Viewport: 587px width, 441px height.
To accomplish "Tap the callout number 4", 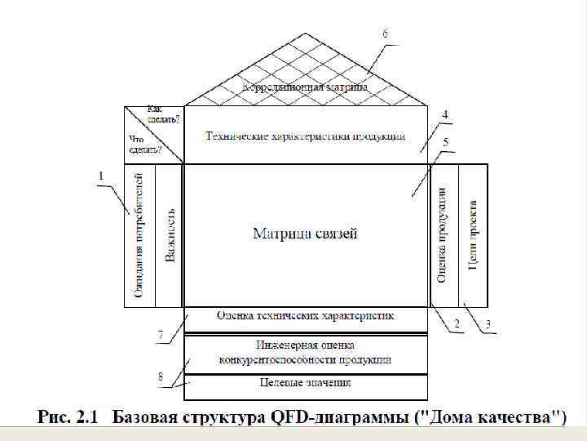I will pos(445,114).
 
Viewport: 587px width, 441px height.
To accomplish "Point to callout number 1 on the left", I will pos(101,175).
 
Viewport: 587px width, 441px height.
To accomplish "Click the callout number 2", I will pos(457,324).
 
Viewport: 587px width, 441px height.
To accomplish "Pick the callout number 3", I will pos(488,324).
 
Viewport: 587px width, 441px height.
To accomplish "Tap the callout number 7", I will pos(161,335).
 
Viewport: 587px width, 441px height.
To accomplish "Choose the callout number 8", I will pos(161,376).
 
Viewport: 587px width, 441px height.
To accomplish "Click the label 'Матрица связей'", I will pos(306,234).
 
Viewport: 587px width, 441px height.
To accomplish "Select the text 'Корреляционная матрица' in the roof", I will pos(306,86).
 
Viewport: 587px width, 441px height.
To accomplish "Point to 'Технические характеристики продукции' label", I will pos(306,136).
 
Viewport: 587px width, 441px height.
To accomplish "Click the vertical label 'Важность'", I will pos(170,234).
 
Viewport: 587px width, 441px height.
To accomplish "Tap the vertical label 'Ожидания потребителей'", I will pos(139,234).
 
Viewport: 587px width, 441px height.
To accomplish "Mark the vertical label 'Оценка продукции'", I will pos(443,234).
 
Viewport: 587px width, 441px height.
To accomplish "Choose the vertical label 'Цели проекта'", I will pos(473,234).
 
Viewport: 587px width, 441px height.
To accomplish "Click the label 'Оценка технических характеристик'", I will pos(306,314).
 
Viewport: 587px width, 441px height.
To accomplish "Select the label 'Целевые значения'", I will pos(306,382).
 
